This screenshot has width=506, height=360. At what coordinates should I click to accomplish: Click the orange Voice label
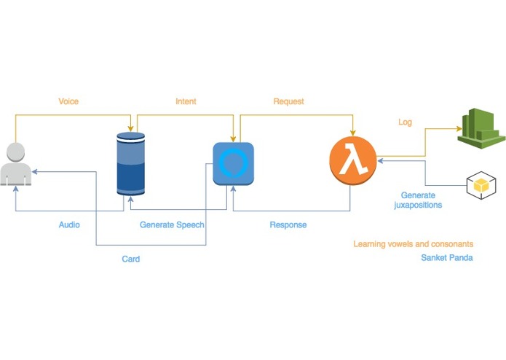point(68,101)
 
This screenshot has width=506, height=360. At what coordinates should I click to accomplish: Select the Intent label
point(186,101)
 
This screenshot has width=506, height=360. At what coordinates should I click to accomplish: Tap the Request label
point(288,101)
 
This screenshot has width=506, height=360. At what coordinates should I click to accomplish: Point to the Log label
point(405,122)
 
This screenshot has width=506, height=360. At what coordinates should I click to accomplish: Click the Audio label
point(69,224)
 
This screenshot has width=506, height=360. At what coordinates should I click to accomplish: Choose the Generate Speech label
point(172,224)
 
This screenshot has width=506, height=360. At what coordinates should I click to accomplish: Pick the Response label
point(288,224)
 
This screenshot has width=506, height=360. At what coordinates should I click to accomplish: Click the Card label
point(131,259)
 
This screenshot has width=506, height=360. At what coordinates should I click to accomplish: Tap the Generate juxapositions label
point(418,200)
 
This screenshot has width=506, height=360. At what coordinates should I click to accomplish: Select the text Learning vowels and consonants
point(414,244)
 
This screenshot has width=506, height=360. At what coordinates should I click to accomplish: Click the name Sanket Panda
point(447,258)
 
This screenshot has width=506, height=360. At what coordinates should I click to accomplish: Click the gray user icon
point(16,164)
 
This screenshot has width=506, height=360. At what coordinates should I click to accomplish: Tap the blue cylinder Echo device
point(131,164)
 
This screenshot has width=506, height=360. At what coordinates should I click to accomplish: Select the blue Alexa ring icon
point(233,163)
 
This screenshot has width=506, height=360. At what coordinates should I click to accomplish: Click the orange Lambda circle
point(352,160)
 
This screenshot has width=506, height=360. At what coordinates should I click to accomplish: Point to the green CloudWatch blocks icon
point(481,128)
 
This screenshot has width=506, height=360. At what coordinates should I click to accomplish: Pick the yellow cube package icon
point(481,185)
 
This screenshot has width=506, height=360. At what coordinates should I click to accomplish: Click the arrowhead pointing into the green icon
point(459,129)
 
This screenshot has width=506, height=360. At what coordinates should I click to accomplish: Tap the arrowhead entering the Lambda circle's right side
point(381,160)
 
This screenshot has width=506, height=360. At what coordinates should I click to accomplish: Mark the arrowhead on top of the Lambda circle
point(352,133)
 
